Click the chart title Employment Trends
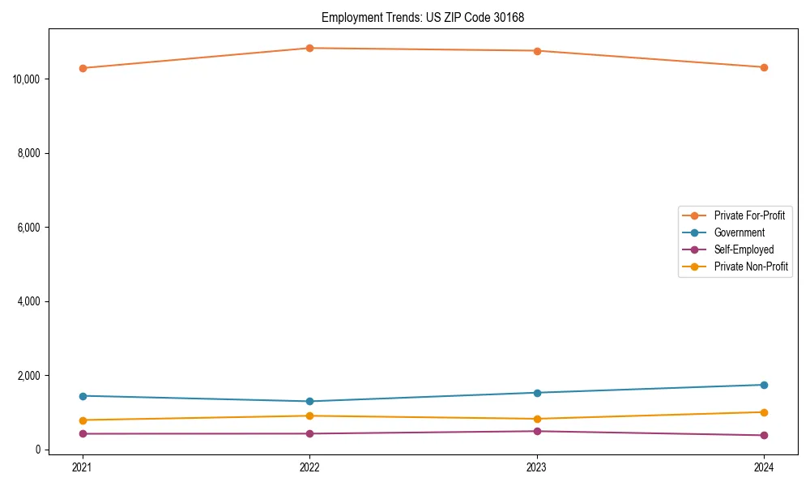point(428,17)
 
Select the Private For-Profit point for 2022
point(309,48)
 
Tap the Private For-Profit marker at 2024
point(764,67)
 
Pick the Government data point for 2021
point(82,395)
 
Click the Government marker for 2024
point(764,385)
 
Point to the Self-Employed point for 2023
point(536,431)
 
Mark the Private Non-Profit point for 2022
point(309,416)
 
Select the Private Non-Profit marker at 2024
point(764,412)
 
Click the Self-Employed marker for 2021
point(82,433)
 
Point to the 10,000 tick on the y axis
point(28,79)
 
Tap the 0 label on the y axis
point(39,450)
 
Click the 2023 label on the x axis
point(536,467)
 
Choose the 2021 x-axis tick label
point(82,467)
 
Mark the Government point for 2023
point(536,393)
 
